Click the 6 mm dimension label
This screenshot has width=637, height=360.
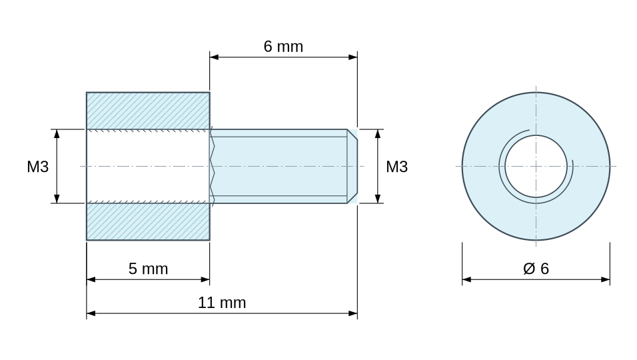[283, 47]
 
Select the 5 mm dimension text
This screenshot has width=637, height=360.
[149, 269]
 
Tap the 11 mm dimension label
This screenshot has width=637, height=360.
[222, 303]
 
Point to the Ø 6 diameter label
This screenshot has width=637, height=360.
[536, 269]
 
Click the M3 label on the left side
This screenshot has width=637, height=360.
[38, 167]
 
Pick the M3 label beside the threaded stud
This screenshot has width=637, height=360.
[396, 167]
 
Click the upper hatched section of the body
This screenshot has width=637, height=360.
[149, 111]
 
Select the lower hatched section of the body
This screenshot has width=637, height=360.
[149, 221]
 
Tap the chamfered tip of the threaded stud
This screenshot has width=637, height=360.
[352, 166]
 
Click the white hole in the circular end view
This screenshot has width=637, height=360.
[536, 166]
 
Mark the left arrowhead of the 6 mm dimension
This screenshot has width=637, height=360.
[214, 57]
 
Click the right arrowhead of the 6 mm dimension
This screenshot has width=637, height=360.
[353, 57]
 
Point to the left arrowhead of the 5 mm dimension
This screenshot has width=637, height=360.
[91, 279]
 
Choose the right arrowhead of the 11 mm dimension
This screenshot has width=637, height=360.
[353, 313]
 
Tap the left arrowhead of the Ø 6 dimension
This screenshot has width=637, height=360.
[466, 279]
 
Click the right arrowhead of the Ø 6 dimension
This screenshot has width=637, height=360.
[605, 279]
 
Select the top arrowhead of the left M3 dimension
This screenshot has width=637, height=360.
[57, 134]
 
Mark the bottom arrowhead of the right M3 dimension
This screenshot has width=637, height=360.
[378, 199]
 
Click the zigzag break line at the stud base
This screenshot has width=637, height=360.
[212, 166]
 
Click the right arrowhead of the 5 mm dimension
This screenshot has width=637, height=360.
[206, 279]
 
